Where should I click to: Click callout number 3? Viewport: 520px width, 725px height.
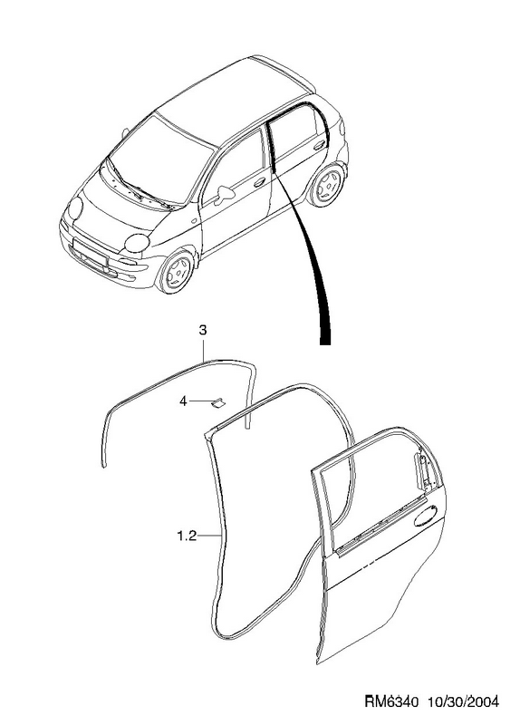click(x=203, y=331)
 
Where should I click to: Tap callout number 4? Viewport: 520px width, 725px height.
click(x=183, y=401)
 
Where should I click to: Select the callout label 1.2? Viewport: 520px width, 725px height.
click(x=187, y=536)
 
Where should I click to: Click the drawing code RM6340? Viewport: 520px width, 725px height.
click(x=391, y=701)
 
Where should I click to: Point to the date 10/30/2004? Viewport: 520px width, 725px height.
click(x=464, y=701)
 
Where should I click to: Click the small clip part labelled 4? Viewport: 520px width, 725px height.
click(x=217, y=402)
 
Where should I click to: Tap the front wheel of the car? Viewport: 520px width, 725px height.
click(x=178, y=273)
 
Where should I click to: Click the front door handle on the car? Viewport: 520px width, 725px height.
click(x=259, y=182)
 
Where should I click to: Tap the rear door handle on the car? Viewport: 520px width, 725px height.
click(x=319, y=146)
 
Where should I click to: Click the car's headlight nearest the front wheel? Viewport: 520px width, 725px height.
click(x=138, y=243)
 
